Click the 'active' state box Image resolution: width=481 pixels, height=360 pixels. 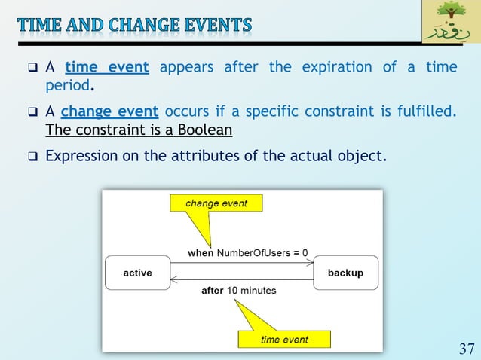pos(137,273)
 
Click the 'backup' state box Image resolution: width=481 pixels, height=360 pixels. pos(345,273)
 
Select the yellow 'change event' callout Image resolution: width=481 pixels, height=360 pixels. pos(216,203)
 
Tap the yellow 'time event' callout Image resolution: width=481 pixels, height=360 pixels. pos(284,340)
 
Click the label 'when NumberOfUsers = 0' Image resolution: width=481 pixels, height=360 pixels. pos(247,253)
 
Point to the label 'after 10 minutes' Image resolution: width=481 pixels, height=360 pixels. pos(238,291)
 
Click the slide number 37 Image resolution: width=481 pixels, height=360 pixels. pos(466,349)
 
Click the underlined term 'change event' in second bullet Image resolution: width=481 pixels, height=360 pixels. pos(109,112)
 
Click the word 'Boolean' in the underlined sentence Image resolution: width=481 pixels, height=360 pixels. pos(204,130)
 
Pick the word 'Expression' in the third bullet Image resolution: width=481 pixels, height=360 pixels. pos(81,157)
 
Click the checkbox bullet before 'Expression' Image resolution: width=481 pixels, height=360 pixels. pos(32,158)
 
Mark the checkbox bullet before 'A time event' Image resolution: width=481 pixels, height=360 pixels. pos(32,68)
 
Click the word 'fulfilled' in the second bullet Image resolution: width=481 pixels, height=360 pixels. pos(427,112)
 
